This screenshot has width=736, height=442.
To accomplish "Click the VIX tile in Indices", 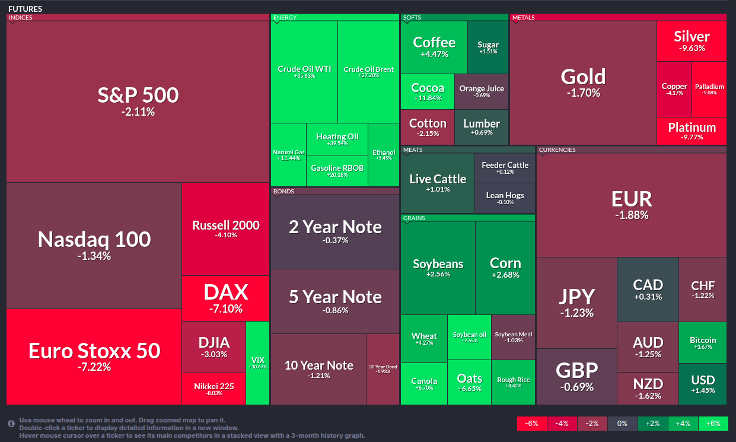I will (x=257, y=362).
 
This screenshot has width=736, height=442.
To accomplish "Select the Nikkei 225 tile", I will (x=214, y=389).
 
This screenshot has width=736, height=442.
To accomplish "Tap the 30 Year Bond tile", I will (x=383, y=368).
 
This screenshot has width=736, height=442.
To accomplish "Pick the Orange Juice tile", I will (x=482, y=91).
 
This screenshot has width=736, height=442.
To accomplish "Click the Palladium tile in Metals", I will (x=709, y=89).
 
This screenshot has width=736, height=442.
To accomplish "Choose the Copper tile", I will (x=674, y=89).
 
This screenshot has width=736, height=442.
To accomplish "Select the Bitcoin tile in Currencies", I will (x=703, y=342).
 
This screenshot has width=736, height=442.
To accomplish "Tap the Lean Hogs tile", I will (x=505, y=198).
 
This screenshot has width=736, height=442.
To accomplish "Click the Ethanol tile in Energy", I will (x=384, y=155).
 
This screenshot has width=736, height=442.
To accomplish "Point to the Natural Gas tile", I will (x=289, y=155).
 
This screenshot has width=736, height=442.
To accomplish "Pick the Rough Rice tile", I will (x=514, y=383).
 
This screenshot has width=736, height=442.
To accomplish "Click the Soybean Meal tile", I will (x=514, y=336).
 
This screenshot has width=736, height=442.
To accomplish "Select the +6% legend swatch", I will (x=713, y=424).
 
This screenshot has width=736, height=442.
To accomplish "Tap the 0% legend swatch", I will (x=622, y=424).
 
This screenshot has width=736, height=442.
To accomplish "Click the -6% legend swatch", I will (x=532, y=424).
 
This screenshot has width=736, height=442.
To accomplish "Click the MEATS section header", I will (x=413, y=150).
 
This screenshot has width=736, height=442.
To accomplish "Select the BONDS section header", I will (x=283, y=191).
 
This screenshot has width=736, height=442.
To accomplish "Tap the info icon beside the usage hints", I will (x=11, y=424).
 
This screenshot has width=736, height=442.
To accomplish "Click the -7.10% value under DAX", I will (x=226, y=309).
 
